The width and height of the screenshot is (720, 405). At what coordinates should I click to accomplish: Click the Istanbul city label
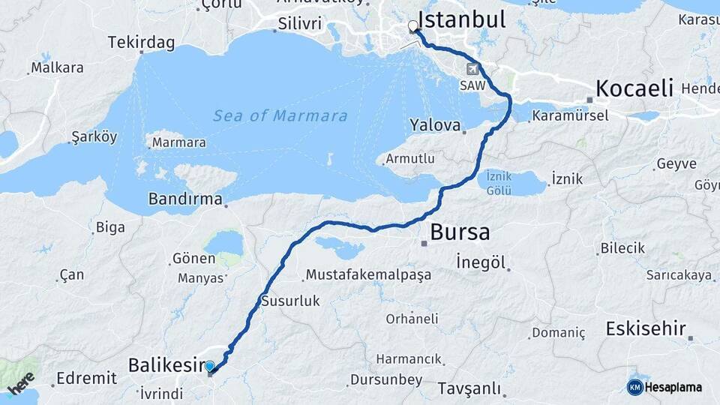coord(461,19)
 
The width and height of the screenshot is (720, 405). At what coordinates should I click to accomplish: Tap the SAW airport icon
coord(472,69)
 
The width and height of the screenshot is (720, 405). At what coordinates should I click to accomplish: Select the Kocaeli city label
coord(634,88)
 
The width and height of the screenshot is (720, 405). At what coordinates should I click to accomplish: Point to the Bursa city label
coord(460,232)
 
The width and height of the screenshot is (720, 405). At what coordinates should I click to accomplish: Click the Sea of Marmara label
coord(280,116)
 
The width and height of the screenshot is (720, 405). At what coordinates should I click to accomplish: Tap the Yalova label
coord(435,125)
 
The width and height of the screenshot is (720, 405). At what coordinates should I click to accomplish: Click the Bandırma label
coord(185,199)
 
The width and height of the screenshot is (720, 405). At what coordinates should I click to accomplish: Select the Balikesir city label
coord(166,365)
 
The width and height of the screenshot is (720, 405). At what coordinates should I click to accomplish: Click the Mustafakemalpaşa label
coord(368,274)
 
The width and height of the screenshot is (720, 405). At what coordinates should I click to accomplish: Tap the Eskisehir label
coord(646,328)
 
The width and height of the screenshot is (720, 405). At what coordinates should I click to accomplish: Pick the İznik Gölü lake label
coord(499,182)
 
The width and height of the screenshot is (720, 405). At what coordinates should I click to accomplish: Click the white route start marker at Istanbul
coord(413,27)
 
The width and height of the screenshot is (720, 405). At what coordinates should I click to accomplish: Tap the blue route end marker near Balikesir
coord(210,367)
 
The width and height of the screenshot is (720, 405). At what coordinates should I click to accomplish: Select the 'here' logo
coord(21,382)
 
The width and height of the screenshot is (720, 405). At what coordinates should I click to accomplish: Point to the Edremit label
coord(87,378)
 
